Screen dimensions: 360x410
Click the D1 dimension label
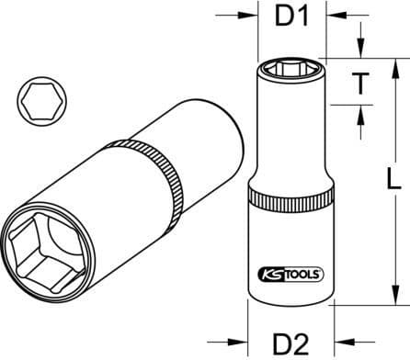click(292, 16)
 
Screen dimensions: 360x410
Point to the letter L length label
click(396, 177)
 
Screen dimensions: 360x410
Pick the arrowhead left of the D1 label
click(252, 16)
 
